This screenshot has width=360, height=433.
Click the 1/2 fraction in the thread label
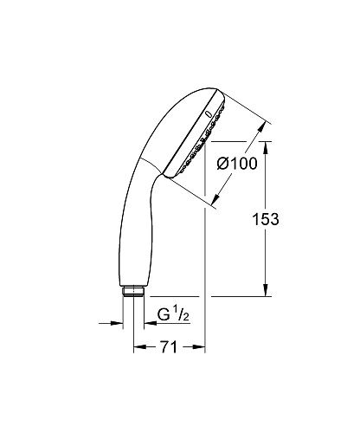[x=181, y=315]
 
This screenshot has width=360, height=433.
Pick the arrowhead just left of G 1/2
[x=149, y=323]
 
